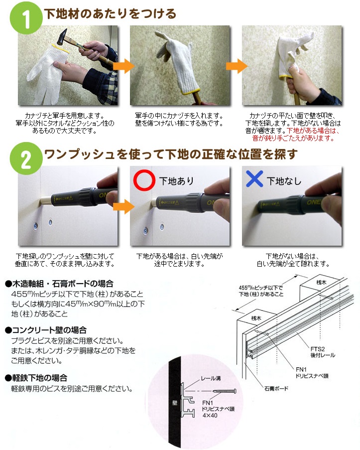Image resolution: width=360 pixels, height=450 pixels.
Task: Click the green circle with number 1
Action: pyautogui.click(x=26, y=18)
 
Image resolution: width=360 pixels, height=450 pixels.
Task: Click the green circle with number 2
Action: pyautogui.click(x=26, y=158)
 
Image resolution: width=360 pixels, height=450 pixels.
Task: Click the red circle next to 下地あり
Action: pyautogui.click(x=144, y=180)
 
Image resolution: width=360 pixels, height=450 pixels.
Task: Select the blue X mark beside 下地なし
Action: pyautogui.click(x=254, y=179)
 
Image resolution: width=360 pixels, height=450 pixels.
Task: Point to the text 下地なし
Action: pyautogui.click(x=284, y=181)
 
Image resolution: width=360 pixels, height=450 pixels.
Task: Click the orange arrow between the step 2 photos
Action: pyautogui.click(x=123, y=206)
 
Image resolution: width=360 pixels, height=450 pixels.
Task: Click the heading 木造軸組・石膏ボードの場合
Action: pyautogui.click(x=59, y=284)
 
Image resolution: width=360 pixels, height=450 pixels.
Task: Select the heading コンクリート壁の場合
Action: pyautogui.click(x=46, y=330)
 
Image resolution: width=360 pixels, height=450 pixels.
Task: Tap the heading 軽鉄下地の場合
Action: pyautogui.click(x=36, y=378)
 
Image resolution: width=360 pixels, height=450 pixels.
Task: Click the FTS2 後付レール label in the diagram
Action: pyautogui.click(x=323, y=352)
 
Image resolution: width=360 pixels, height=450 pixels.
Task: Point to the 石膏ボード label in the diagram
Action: pyautogui.click(x=276, y=389)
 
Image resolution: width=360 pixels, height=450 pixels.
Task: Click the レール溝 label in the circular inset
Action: pyautogui.click(x=211, y=379)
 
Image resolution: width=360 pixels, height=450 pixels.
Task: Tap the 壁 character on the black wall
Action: pyautogui.click(x=175, y=403)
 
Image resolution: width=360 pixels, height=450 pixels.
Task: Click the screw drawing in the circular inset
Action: pyautogui.click(x=225, y=391)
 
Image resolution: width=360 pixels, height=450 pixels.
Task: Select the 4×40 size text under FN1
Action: pyautogui.click(x=210, y=415)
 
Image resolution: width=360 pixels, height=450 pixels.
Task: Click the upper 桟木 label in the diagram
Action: pyautogui.click(x=322, y=283)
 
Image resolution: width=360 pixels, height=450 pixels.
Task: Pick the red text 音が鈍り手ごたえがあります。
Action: pyautogui.click(x=294, y=139)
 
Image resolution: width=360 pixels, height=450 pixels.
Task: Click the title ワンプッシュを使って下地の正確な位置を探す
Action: pyautogui.click(x=171, y=154)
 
